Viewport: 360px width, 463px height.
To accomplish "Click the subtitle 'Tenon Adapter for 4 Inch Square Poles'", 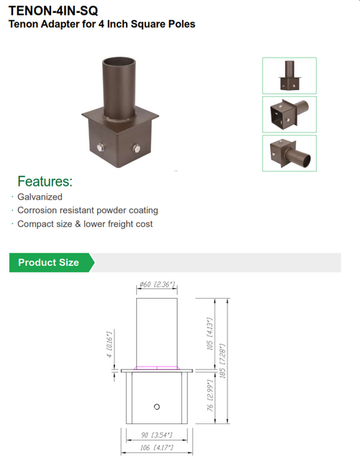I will tap(101, 24).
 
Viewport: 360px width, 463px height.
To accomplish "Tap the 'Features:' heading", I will tap(45, 181).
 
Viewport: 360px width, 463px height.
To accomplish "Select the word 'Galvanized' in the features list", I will tap(40, 197).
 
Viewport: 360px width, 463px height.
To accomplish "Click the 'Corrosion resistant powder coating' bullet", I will tap(87, 210).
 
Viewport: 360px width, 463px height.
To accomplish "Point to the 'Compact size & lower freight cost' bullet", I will tap(85, 224).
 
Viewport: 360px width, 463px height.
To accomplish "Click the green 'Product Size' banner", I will tap(48, 262).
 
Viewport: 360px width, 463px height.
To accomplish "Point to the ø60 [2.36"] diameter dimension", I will tap(157, 285).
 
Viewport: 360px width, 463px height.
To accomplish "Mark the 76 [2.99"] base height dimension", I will tap(210, 398).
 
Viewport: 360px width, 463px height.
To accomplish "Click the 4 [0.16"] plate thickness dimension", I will tap(109, 345).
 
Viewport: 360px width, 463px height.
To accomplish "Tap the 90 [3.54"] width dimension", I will tap(157, 436).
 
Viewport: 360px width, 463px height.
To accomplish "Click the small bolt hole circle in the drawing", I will tap(157, 408).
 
